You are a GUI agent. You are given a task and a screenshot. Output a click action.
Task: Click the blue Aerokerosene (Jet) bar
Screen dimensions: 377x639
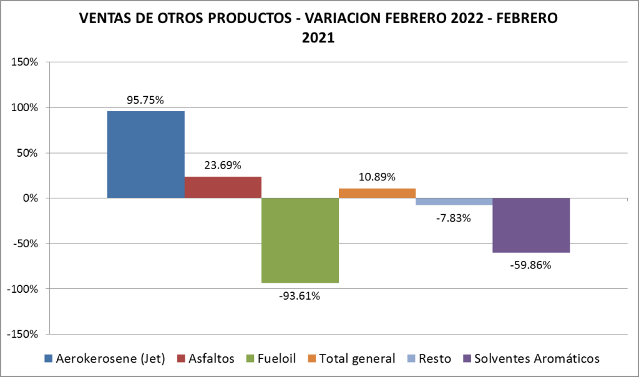(x=145, y=154)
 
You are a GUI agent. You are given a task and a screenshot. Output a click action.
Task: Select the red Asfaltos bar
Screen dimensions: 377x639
(x=223, y=187)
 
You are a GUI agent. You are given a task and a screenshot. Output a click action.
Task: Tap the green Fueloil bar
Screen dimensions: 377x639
(x=300, y=240)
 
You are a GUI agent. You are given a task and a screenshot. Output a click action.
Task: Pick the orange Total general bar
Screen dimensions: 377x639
(x=377, y=193)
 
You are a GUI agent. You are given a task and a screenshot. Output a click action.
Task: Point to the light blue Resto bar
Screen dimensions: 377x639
(x=454, y=202)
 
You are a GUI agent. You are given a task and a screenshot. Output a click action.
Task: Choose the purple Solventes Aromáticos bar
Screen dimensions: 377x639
(x=531, y=225)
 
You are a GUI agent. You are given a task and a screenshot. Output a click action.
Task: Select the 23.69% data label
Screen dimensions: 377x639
(x=223, y=165)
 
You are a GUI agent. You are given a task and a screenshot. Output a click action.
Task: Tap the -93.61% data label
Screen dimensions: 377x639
(x=300, y=295)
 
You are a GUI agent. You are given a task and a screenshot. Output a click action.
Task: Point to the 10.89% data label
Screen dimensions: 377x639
(x=377, y=177)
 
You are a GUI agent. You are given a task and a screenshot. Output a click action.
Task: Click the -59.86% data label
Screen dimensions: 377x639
(x=530, y=265)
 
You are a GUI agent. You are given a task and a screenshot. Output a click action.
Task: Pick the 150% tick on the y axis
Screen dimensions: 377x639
(x=25, y=62)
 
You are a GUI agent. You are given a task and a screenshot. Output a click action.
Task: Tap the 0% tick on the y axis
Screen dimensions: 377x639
(x=30, y=198)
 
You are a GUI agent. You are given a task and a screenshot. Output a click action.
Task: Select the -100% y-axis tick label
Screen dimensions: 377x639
(x=22, y=289)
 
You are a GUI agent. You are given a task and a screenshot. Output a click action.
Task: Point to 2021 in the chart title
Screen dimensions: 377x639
(x=318, y=37)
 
